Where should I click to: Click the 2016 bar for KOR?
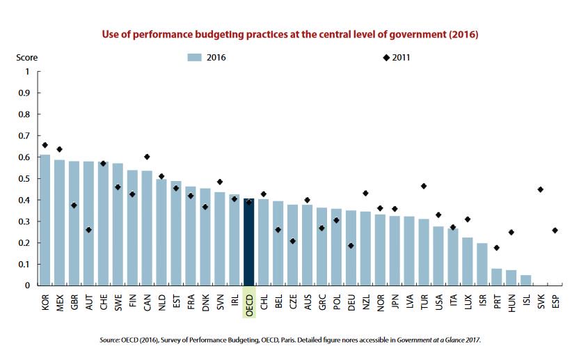coord(45,220)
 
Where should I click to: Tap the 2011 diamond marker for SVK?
coord(540,189)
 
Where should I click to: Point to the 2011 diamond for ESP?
coord(555,230)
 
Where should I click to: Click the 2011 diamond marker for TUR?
coord(424,186)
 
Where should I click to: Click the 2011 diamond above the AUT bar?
coord(88,230)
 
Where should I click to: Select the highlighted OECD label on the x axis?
coord(249,304)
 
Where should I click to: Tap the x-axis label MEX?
coord(59,302)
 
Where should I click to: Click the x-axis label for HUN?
coord(511,302)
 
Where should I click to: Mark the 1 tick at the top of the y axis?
coord(28,71)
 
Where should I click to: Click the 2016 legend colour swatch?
coord(194,57)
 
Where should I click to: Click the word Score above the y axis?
coord(27,57)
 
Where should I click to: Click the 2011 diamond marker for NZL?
coord(365,193)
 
